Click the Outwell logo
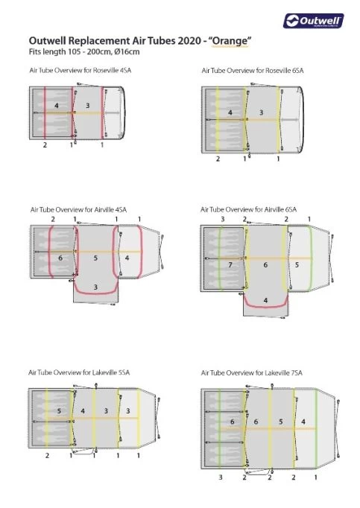click(313, 21)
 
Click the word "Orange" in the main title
click(230, 41)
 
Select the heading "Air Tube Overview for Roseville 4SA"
click(80, 70)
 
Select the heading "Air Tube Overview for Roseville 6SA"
click(253, 70)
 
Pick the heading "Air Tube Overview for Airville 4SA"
click(78, 209)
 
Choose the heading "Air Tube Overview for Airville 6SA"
click(248, 209)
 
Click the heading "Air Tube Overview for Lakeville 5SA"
click(79, 372)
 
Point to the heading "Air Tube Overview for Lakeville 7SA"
click(252, 373)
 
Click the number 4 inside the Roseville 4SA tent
click(57, 106)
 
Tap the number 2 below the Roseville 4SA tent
click(45, 145)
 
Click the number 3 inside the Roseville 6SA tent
click(262, 112)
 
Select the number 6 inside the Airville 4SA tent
click(60, 258)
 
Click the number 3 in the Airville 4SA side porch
click(95, 287)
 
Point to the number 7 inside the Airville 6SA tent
click(230, 264)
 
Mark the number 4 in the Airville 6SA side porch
click(265, 300)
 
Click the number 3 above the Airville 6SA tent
click(223, 219)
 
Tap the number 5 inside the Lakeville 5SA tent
click(59, 411)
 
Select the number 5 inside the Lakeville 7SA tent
click(281, 422)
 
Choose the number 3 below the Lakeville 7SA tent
click(221, 477)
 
